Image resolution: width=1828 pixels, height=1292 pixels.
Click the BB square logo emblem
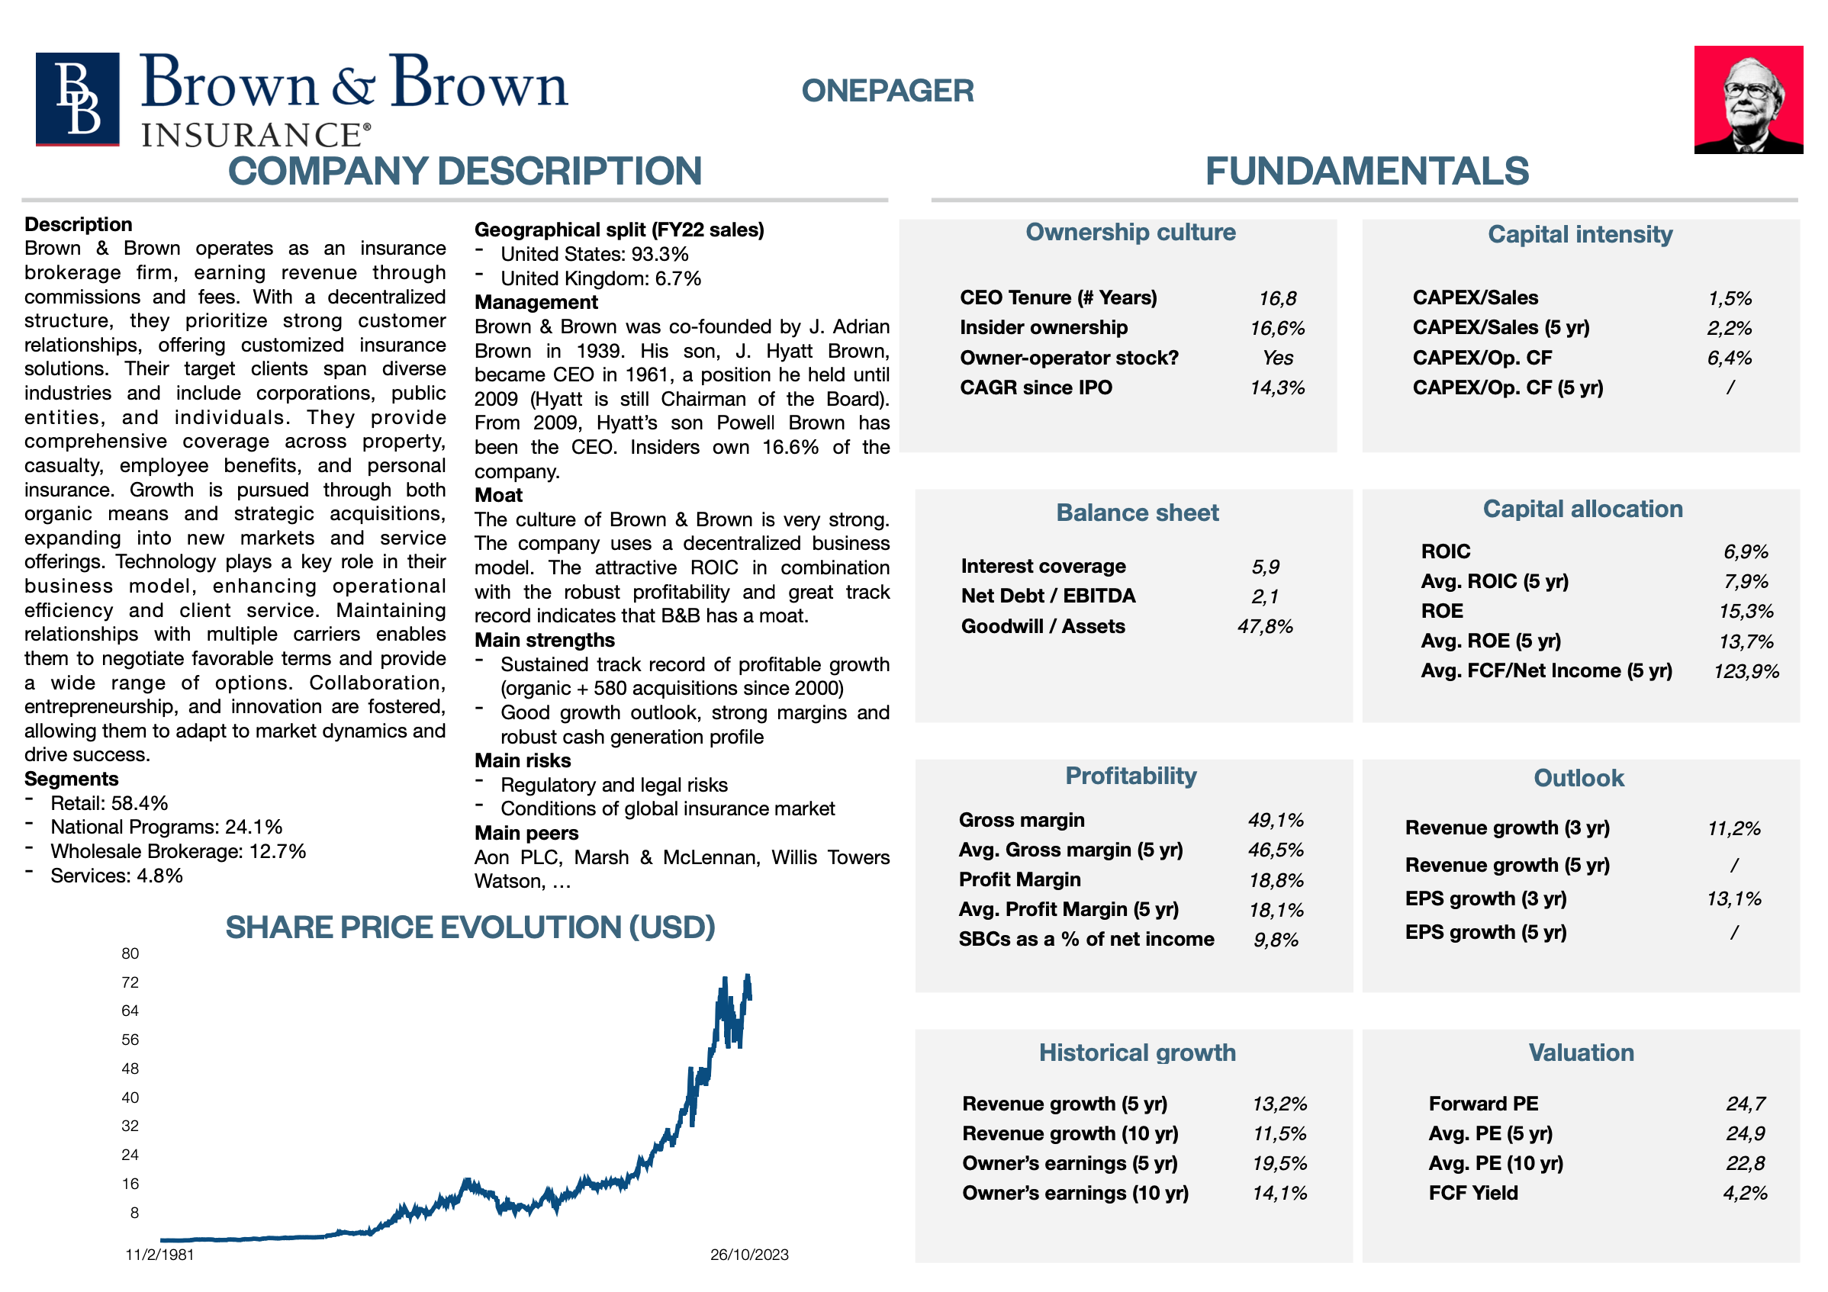click(77, 98)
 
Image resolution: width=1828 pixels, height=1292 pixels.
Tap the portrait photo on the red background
click(1748, 99)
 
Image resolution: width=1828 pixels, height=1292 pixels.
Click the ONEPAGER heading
click(887, 91)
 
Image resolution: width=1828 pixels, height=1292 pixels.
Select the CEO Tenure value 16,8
click(1277, 298)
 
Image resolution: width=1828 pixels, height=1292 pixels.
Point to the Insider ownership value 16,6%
click(1277, 328)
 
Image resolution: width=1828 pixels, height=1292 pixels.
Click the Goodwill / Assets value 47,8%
click(1264, 626)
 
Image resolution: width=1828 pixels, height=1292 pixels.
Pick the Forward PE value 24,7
click(1745, 1104)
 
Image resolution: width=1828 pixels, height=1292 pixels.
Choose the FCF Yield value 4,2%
click(1745, 1194)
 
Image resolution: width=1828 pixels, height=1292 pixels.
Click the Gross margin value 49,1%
click(1276, 820)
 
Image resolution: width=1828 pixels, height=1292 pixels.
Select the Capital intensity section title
click(1579, 234)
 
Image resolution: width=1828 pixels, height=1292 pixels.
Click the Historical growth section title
click(1137, 1053)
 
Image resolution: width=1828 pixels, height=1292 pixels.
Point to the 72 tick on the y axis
click(130, 982)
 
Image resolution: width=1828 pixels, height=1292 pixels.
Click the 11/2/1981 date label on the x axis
click(159, 1255)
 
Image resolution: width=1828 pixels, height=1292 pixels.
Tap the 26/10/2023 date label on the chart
click(749, 1255)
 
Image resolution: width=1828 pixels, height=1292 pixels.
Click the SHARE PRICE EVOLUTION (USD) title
click(470, 927)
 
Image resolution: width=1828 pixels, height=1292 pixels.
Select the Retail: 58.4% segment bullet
click(109, 803)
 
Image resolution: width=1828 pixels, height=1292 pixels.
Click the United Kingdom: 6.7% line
click(600, 278)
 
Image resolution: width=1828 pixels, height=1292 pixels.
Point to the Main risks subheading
click(523, 760)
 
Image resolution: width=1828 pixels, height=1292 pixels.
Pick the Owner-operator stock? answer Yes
click(1277, 358)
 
